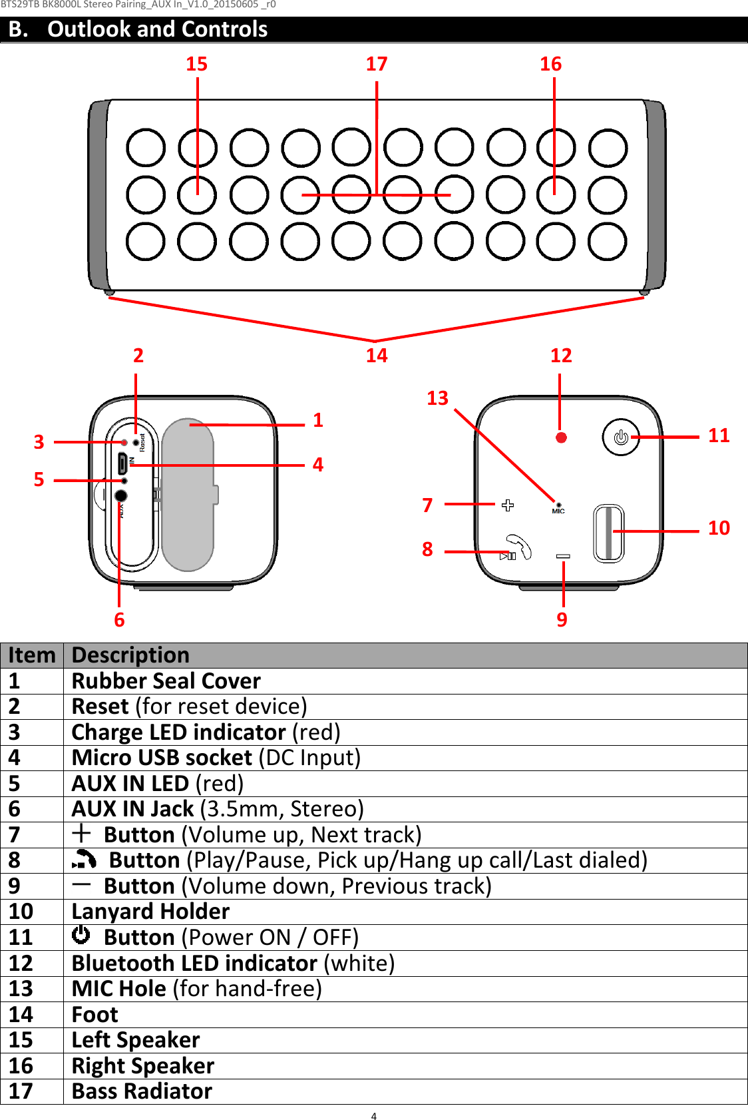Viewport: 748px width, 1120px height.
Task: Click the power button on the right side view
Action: pos(620,437)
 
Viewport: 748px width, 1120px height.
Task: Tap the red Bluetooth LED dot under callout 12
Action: pos(561,437)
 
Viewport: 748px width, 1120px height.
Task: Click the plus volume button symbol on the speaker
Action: pos(508,505)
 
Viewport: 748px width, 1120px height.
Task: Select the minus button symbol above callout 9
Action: pos(563,556)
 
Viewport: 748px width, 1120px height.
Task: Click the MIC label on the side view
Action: pos(558,511)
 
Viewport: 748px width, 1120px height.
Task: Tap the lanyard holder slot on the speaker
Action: pos(608,533)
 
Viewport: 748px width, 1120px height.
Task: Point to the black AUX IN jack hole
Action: pos(120,495)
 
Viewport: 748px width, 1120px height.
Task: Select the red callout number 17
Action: pos(376,64)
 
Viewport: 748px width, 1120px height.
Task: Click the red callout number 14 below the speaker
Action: pos(376,356)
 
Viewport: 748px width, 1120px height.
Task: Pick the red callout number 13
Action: pos(437,398)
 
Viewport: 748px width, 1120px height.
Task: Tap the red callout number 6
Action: pos(119,620)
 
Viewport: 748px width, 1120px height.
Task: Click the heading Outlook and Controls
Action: pos(157,29)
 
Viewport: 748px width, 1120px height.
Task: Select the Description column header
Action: pos(130,655)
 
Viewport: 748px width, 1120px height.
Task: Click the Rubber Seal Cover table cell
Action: pos(166,681)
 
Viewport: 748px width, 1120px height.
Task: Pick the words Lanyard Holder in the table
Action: pos(150,912)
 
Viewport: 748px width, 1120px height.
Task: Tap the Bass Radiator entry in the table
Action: pos(142,1091)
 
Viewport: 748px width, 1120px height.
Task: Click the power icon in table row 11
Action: pos(81,936)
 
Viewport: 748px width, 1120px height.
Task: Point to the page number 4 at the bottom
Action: pos(373,1116)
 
